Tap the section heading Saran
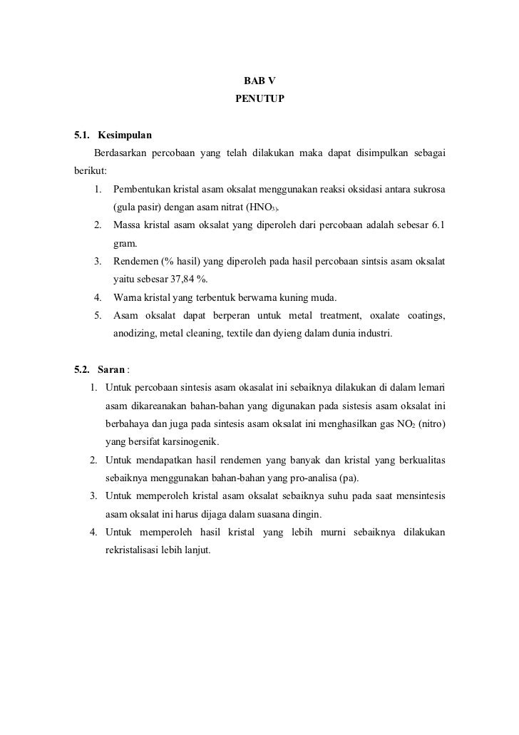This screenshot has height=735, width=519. click(x=112, y=369)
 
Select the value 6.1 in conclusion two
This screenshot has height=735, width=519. click(x=438, y=225)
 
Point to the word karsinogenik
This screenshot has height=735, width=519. click(x=186, y=441)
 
